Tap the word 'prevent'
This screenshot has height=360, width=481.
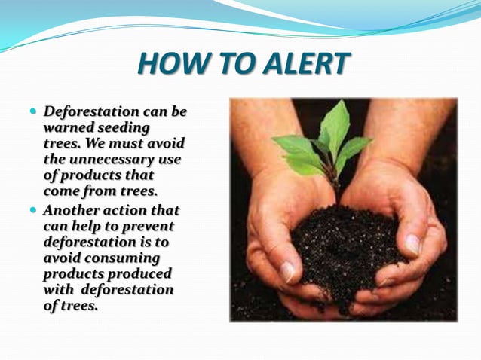[149, 226]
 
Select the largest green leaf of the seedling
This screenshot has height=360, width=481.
[335, 128]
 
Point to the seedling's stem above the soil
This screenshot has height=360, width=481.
[332, 185]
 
